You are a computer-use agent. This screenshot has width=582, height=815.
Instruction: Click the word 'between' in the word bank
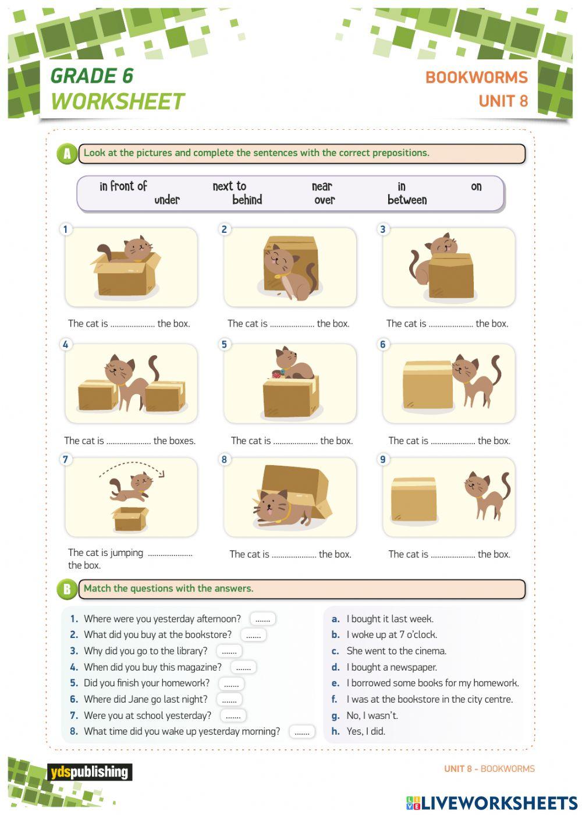[x=407, y=200]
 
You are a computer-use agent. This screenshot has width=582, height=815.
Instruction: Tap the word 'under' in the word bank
[x=167, y=200]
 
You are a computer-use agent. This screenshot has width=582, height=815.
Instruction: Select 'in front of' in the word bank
[x=123, y=186]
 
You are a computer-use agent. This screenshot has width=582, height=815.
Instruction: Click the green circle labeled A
[x=67, y=154]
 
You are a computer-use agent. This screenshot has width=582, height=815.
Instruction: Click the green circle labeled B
[x=67, y=589]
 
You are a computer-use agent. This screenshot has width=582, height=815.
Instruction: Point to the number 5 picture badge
[x=224, y=345]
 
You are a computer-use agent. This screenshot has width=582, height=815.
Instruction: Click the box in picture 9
[x=414, y=499]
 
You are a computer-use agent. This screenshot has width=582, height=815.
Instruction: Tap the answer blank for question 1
[x=262, y=619]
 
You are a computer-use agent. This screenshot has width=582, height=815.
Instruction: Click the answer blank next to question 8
[x=301, y=732]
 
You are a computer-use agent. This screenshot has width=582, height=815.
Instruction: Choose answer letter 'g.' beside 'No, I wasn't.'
[x=336, y=715]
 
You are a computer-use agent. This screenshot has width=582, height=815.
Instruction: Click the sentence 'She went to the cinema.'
[x=396, y=651]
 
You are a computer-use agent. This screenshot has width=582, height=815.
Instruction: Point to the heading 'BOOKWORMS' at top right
[x=476, y=77]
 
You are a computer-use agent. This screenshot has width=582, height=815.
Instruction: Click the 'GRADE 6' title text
[x=92, y=76]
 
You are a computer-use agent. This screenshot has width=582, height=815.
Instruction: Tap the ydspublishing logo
[x=89, y=773]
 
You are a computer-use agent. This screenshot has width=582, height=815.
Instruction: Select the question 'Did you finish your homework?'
[x=146, y=683]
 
